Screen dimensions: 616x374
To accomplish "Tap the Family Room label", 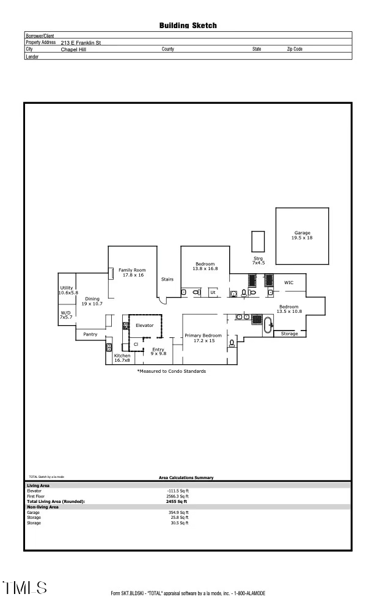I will [x=131, y=272].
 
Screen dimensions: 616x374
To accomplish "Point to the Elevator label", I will [x=144, y=325].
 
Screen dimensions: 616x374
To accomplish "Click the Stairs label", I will [x=167, y=279].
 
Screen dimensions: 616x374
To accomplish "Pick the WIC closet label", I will [x=289, y=282].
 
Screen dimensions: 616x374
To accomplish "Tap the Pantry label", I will [x=90, y=334].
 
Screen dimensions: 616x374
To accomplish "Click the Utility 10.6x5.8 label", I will [x=67, y=290].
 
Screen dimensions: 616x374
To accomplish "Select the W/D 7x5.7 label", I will [x=66, y=315].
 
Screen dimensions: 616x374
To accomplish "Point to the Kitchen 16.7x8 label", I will [x=122, y=358].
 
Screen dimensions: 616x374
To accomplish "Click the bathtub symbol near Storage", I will [x=269, y=324].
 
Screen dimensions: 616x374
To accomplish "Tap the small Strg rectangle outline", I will [x=258, y=241].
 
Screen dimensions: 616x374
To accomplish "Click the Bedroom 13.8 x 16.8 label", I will [x=205, y=266].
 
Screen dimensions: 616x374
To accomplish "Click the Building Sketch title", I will [x=188, y=26].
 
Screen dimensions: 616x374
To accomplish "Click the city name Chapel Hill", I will [x=74, y=50].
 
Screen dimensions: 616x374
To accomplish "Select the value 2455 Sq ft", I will [x=176, y=501].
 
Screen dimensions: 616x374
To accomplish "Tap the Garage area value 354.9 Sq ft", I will [x=180, y=512].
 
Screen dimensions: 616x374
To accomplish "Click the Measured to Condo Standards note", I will [x=171, y=371].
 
